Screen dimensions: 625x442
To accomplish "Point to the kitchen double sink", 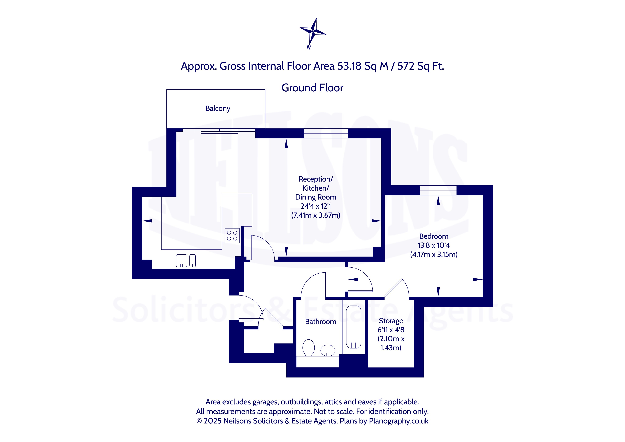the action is (x=186, y=261).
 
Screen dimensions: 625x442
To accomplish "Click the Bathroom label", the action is (x=321, y=322).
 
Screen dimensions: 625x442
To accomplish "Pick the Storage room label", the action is (x=391, y=321).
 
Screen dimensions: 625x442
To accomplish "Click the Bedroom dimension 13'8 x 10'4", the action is (x=434, y=245).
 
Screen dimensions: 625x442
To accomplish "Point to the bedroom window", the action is (x=438, y=190).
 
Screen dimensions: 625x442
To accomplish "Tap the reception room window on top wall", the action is (x=326, y=133).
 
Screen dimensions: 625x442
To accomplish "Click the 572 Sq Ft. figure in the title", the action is (x=421, y=66).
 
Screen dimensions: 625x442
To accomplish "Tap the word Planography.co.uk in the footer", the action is (x=398, y=421).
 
